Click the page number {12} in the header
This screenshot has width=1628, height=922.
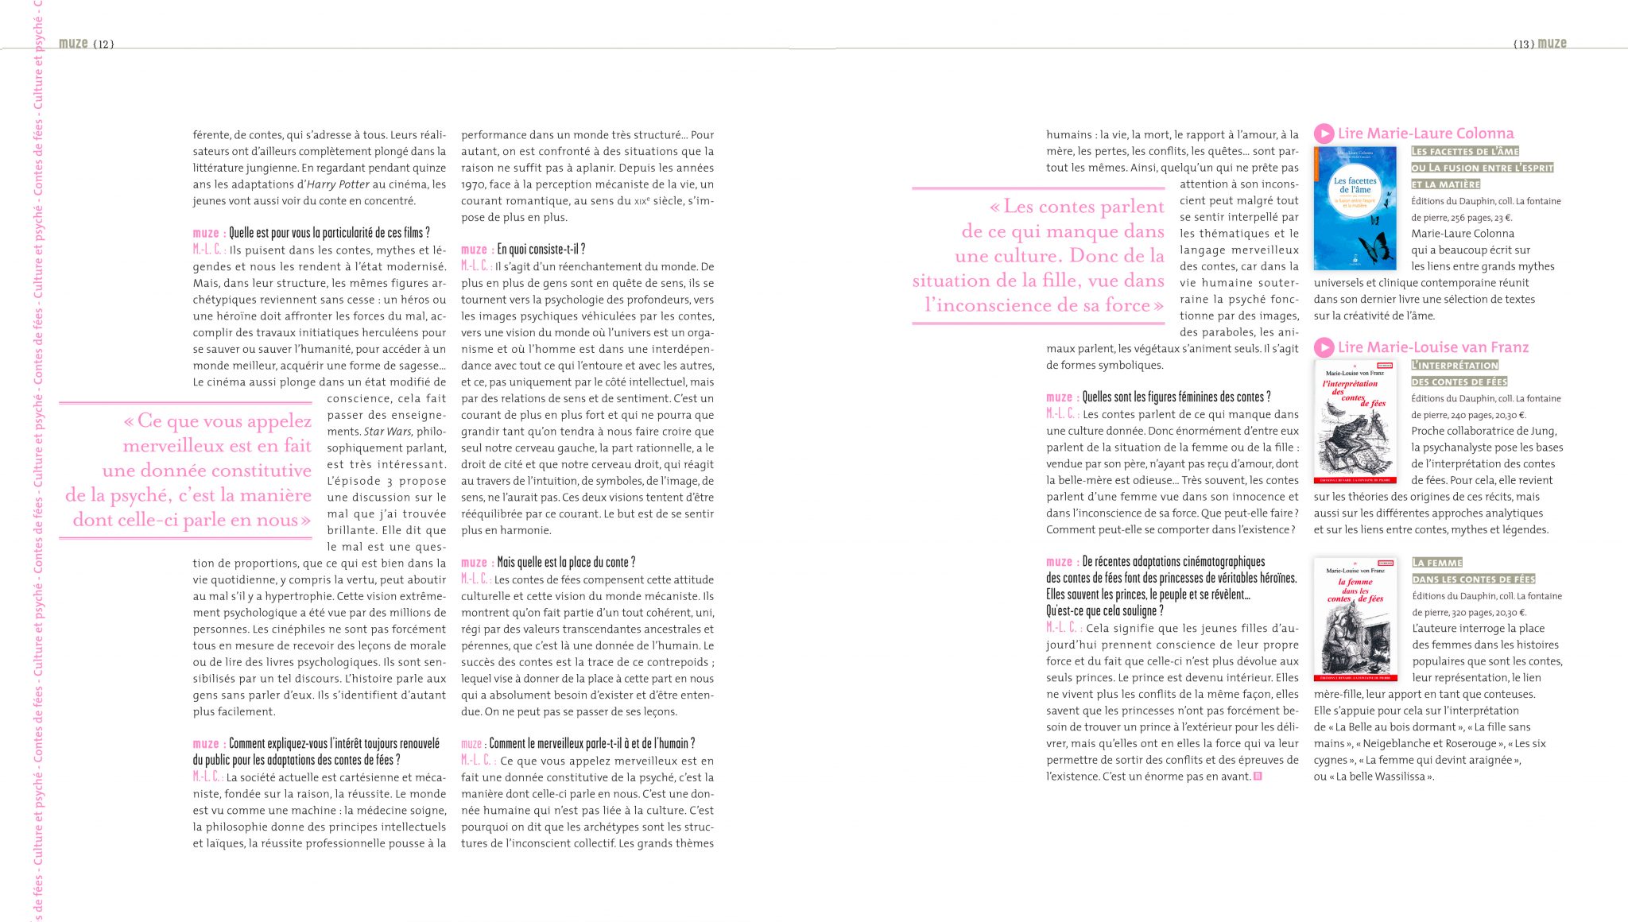tap(103, 45)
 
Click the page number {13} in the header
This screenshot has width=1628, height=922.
tap(1523, 45)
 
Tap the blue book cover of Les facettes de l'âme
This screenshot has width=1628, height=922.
tap(1355, 207)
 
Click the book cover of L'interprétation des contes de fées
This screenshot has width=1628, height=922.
tap(1355, 422)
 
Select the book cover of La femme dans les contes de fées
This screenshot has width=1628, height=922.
tap(1355, 619)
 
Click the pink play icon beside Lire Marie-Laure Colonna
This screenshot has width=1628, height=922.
tap(1324, 134)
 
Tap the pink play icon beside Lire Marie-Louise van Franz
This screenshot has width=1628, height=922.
tap(1324, 347)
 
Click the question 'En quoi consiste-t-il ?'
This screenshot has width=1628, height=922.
tap(541, 250)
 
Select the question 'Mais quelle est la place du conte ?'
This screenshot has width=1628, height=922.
tap(566, 563)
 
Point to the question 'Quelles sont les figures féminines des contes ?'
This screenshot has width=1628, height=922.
tap(1176, 397)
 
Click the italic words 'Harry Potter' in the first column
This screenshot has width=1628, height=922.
tap(338, 184)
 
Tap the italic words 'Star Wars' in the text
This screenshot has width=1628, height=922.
tap(388, 432)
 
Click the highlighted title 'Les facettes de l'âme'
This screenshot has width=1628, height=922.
tap(1465, 151)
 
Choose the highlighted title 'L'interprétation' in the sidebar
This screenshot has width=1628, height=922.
tap(1455, 365)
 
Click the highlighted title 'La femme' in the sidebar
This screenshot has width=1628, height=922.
tap(1437, 563)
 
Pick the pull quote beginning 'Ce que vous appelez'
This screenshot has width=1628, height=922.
tap(191, 471)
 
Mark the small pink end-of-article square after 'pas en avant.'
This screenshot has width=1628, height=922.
tap(1258, 777)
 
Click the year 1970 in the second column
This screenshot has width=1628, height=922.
tap(474, 184)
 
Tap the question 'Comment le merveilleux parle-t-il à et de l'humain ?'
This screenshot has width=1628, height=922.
tap(591, 744)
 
